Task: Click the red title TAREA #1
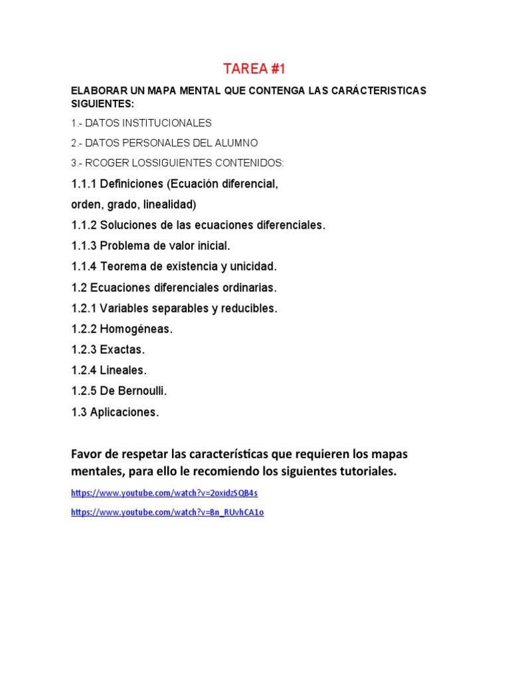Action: coord(254,69)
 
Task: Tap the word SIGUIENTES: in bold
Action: coord(102,103)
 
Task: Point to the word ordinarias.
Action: coord(246,287)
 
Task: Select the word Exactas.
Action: coord(122,349)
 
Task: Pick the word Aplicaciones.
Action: coord(129,412)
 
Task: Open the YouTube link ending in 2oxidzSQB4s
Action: coord(164,493)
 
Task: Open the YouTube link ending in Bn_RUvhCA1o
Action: coord(167,512)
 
